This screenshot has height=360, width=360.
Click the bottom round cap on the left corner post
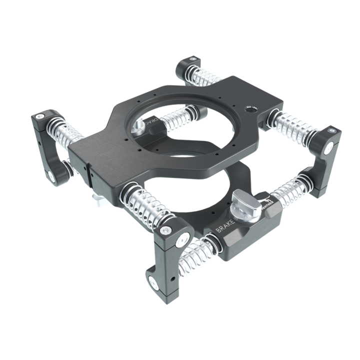click(51, 176)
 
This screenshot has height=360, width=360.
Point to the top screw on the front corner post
click(165, 229)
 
